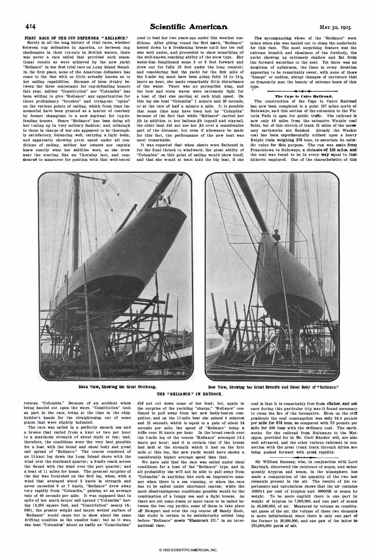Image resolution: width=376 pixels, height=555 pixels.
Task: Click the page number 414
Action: point(31,27)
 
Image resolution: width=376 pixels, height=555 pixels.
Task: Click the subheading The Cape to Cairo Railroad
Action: point(304,96)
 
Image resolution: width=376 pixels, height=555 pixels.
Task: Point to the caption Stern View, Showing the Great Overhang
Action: point(117,387)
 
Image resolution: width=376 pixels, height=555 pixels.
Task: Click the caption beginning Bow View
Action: point(273,387)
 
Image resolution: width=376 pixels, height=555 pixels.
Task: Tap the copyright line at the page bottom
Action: point(188,549)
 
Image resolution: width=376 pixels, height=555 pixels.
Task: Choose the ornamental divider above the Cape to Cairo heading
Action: point(304,91)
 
